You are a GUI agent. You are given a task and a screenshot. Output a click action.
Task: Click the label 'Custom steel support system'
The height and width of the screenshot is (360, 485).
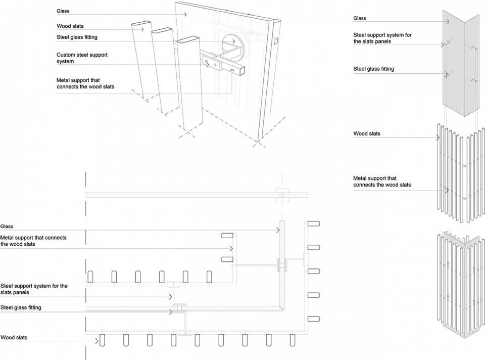coord(82,58)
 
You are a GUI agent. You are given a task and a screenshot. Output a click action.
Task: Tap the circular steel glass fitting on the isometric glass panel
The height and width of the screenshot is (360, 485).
coord(233,44)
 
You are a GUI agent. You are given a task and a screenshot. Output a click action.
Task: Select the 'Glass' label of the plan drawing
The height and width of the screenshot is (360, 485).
coord(7,227)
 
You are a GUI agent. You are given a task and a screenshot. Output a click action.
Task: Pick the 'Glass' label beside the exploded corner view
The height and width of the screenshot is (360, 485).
coord(360,18)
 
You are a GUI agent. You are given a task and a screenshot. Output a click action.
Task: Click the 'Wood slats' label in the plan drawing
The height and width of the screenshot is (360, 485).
coord(14,337)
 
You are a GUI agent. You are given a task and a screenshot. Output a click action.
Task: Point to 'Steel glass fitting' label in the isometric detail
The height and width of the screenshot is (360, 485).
coord(77,37)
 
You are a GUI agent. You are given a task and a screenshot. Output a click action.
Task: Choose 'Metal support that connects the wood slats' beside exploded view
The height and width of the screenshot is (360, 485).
coord(382,182)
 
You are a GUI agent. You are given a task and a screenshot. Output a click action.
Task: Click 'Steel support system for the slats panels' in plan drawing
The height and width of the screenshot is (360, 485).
coord(34,289)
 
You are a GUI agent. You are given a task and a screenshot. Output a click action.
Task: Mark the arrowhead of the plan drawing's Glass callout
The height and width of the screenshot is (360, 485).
coord(278,230)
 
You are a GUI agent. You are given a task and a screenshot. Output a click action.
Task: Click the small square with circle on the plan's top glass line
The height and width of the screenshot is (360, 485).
coord(281,194)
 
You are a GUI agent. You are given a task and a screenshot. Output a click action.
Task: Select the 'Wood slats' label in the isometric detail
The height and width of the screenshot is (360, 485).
coord(70,26)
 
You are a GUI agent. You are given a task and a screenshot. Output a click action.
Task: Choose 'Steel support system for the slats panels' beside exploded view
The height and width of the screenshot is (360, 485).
coord(379,38)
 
